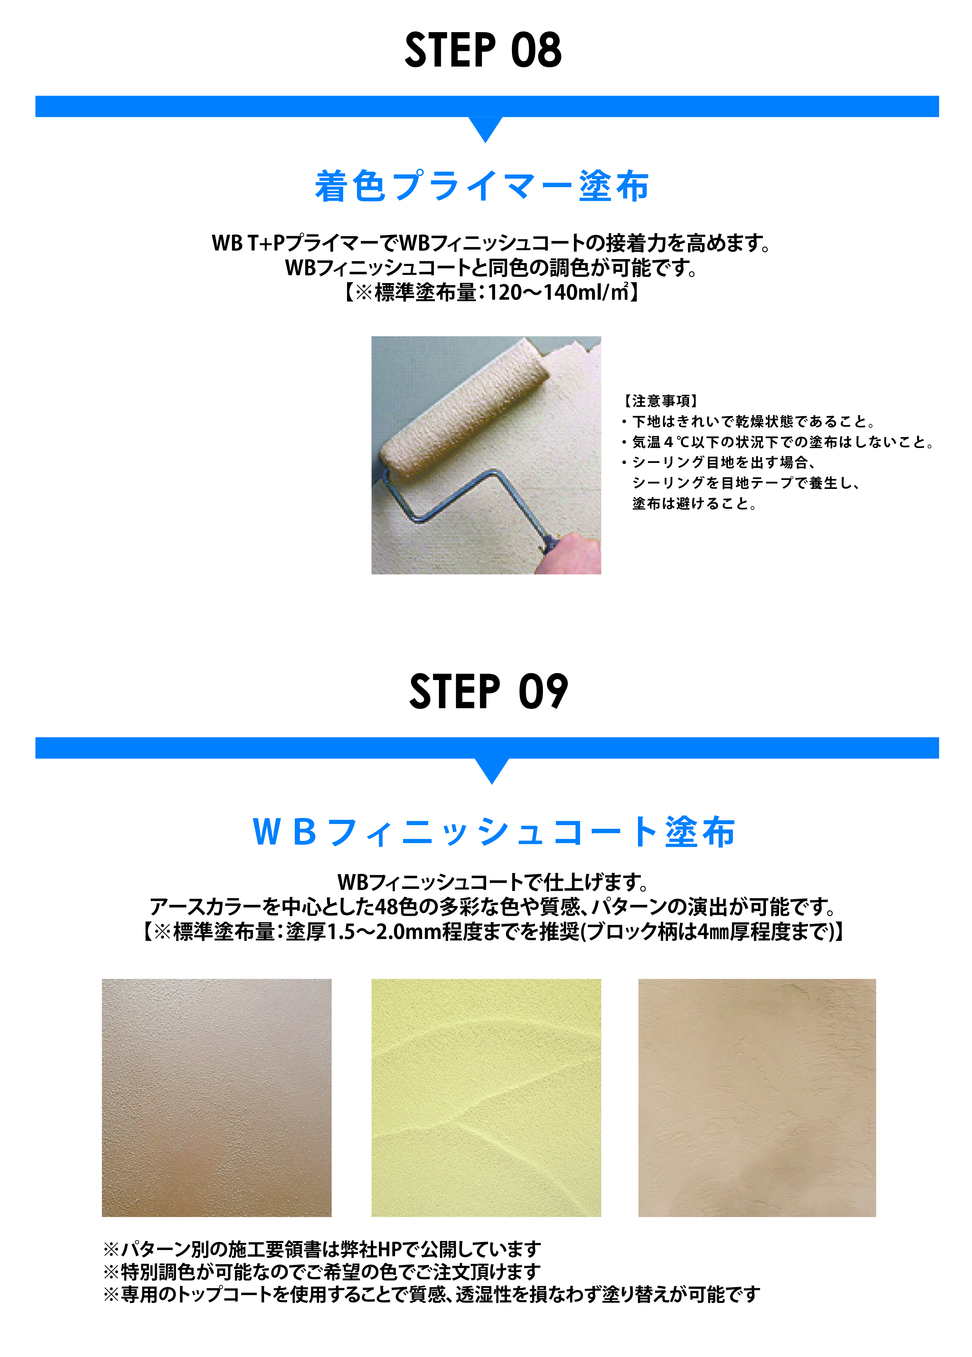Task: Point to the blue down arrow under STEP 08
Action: (486, 129)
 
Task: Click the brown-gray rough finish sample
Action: (216, 1098)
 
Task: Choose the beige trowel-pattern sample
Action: (757, 1098)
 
